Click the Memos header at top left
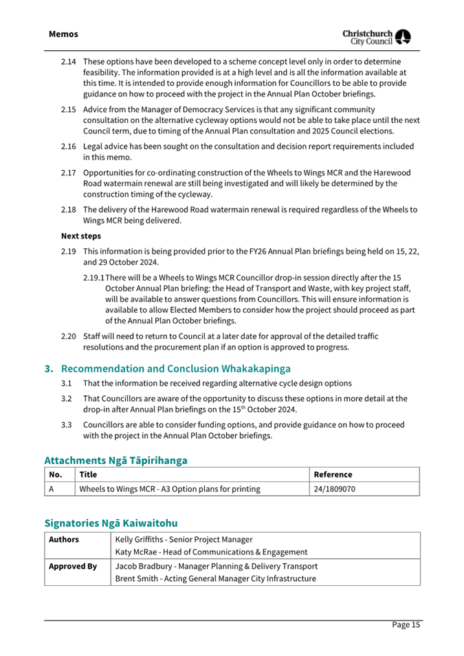[63, 34]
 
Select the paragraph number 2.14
[67, 61]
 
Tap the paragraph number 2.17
[67, 173]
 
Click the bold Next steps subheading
[81, 236]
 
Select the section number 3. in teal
[49, 368]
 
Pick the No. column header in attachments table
[55, 474]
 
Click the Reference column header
[333, 474]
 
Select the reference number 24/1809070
[334, 489]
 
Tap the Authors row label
[64, 539]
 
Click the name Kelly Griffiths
[144, 539]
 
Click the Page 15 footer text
[406, 624]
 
